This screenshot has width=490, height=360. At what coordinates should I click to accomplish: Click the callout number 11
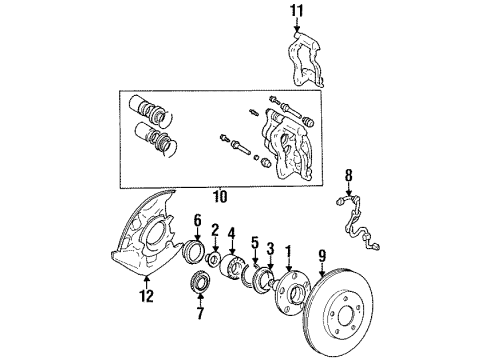pyautogui.click(x=295, y=11)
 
